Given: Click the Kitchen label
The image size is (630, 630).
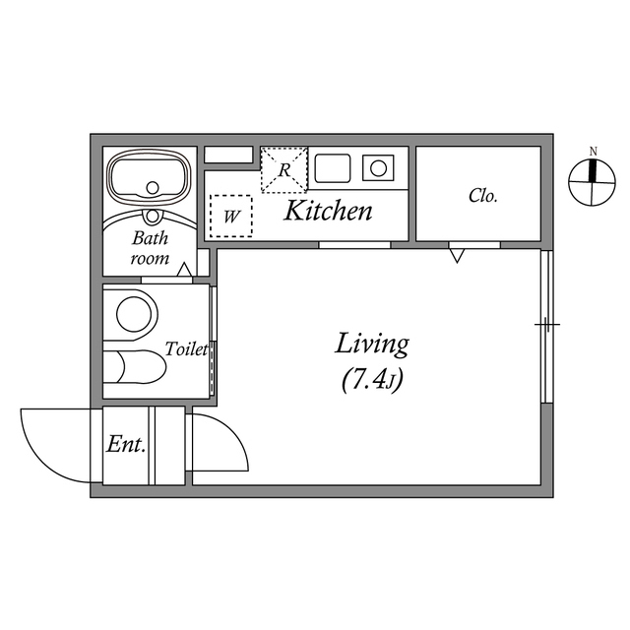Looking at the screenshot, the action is coord(328,211).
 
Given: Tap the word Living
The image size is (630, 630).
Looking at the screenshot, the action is coord(372,345).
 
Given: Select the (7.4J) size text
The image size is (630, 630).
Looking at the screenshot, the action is coord(372,379).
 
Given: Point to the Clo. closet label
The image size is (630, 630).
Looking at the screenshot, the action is coord(483,196).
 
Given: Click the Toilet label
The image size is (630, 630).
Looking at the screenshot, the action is coord(187,349).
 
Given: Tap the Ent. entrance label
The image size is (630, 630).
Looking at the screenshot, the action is coord(126,444).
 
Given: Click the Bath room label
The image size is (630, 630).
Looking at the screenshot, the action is coord(150,248).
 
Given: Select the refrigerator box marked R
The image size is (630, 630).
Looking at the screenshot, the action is coord(284,169).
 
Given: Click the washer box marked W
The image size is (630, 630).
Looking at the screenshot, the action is coord(231,217).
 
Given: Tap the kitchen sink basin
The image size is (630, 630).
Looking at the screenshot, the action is coord(333,168).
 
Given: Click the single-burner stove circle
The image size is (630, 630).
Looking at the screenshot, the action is coord(378,168).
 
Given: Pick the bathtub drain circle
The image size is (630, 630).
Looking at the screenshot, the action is coord(153,188).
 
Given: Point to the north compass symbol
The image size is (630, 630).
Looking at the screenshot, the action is coord(592,182).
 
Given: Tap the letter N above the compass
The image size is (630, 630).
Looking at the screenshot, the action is coord(593,152).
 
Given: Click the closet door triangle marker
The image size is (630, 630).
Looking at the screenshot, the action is coord(457,256).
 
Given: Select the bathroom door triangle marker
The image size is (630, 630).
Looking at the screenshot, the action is coord(184,269).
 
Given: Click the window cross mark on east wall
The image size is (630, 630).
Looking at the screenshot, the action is coord(547,324).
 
